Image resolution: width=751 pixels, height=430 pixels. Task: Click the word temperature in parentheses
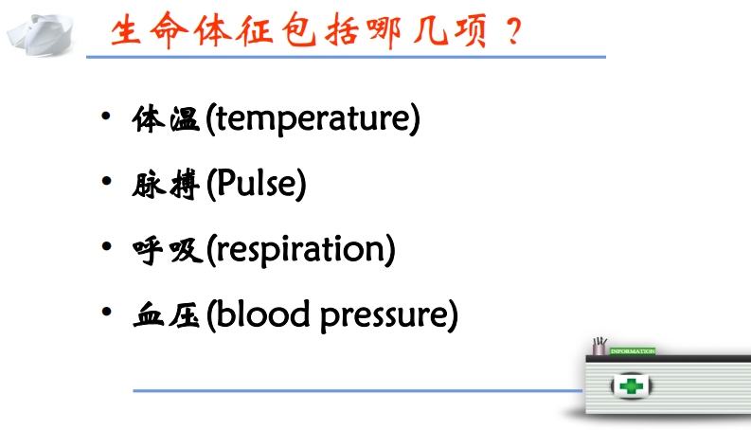pos(313,118)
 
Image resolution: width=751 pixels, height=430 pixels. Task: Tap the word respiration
pos(301,249)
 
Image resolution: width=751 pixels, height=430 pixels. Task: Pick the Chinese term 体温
pos(166,119)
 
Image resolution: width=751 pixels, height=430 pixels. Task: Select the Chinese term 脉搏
pos(166,184)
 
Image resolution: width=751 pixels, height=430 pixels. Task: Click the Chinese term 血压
pos(166,314)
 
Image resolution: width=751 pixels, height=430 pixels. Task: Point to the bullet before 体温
pos(106,116)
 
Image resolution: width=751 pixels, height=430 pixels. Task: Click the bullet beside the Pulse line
pos(106,181)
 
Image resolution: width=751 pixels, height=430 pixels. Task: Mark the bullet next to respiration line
pos(106,246)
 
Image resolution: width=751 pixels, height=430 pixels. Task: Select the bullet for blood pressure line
pos(106,312)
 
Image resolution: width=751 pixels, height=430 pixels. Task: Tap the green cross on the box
pos(631,385)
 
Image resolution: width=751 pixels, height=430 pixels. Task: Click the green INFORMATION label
pos(633,351)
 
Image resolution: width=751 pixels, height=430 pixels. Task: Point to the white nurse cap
pos(40,34)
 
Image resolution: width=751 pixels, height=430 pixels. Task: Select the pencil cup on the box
pos(599,347)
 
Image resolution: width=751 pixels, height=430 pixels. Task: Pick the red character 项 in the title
pos(471,30)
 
